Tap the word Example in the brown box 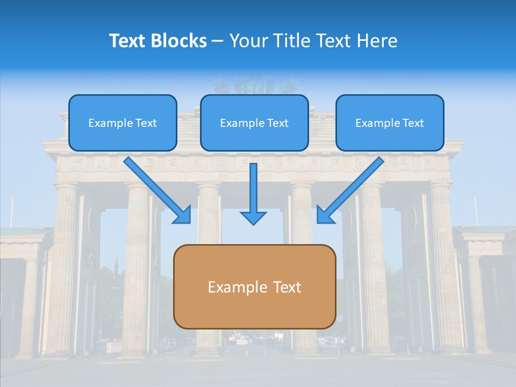pos(234,287)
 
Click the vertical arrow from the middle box pos(253,188)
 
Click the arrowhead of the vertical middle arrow pos(253,217)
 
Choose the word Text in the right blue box pos(413,123)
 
